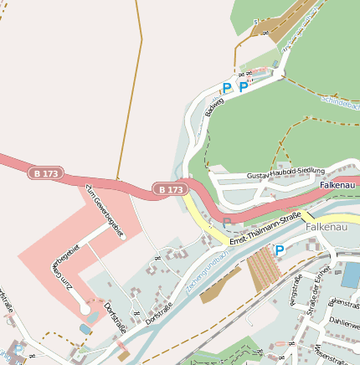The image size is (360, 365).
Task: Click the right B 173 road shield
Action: point(168,190)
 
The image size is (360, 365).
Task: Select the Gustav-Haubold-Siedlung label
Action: point(285,174)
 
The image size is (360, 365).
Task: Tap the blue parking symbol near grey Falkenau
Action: point(280,249)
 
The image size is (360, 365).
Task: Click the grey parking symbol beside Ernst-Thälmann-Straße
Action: point(227,222)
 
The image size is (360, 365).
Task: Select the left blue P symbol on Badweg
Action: point(226,86)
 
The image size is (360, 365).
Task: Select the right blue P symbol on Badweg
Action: point(243,86)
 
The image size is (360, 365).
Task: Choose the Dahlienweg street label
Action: point(344,321)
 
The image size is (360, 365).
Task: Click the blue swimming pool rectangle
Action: point(351,274)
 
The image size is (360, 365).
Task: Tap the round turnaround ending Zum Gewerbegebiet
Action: point(85,311)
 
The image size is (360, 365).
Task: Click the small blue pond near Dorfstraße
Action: point(83,329)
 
